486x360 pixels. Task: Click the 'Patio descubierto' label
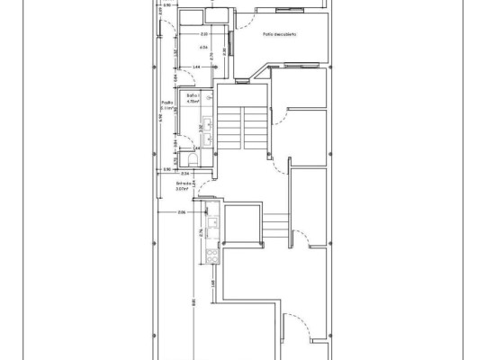tap(280, 36)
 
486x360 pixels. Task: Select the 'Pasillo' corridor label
tap(166, 104)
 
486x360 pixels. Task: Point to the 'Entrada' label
tap(183, 185)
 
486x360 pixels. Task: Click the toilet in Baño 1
tap(184, 160)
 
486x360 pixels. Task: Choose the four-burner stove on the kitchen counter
tap(212, 255)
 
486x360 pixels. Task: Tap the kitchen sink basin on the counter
tap(213, 221)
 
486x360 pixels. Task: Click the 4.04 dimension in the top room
tap(203, 47)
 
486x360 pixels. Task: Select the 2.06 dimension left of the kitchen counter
tap(181, 213)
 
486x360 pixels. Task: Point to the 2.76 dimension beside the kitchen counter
tap(201, 236)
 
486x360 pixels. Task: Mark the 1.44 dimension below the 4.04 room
tap(196, 67)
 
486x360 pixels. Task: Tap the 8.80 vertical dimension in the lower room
tap(191, 302)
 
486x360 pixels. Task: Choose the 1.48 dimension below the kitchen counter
tap(213, 284)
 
